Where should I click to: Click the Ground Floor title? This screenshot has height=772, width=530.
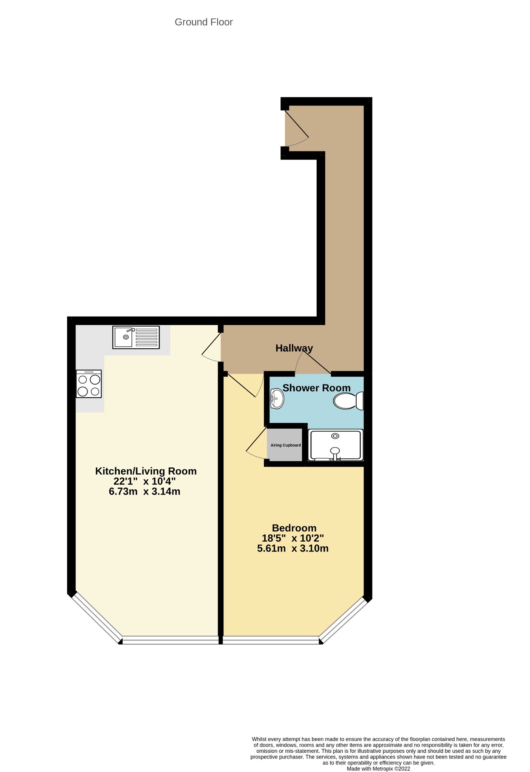204,22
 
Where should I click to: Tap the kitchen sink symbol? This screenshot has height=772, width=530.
136,337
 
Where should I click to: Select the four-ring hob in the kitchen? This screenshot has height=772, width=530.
89,384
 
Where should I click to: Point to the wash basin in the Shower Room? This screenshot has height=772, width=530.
277,398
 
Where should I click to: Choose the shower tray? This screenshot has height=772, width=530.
335,445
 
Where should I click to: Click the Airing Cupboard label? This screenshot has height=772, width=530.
286,445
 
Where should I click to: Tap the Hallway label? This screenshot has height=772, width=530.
294,348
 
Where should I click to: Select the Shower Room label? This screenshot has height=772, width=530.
317,388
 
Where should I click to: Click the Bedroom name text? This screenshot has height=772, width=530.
294,528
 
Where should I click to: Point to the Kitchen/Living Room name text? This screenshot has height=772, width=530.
146,471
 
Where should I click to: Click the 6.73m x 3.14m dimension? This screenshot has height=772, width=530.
144,492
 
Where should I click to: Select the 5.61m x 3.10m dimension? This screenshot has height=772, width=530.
293,548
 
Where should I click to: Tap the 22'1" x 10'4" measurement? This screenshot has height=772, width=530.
144,481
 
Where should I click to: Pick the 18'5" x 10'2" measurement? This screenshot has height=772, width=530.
293,538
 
